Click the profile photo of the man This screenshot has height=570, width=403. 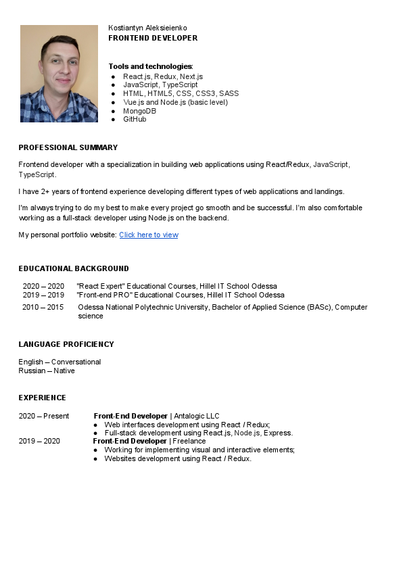coord(59,74)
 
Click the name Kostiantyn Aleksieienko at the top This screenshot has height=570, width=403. coord(148,28)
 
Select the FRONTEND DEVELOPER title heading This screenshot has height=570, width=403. coord(153,38)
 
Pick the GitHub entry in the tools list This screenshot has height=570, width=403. coord(135,119)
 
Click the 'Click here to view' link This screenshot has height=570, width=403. coord(149,235)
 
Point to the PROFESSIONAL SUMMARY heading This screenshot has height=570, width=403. coord(68,147)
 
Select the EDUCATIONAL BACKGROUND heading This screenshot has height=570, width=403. coord(74,268)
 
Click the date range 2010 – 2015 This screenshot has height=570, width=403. coord(43,307)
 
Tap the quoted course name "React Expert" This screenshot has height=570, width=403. coord(101,286)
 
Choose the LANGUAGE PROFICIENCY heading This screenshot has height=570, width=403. coord(66,344)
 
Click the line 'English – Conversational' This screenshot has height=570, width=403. coord(60,362)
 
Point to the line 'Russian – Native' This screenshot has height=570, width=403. coord(47,371)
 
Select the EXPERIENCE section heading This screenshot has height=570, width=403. coord(42,398)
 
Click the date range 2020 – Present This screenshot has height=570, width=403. coord(44,416)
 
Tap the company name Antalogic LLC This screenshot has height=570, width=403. coord(197,416)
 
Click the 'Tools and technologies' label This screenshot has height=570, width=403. coord(150,66)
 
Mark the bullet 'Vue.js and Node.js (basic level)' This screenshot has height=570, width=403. coord(175,102)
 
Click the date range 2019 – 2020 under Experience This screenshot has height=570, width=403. coord(39,441)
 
